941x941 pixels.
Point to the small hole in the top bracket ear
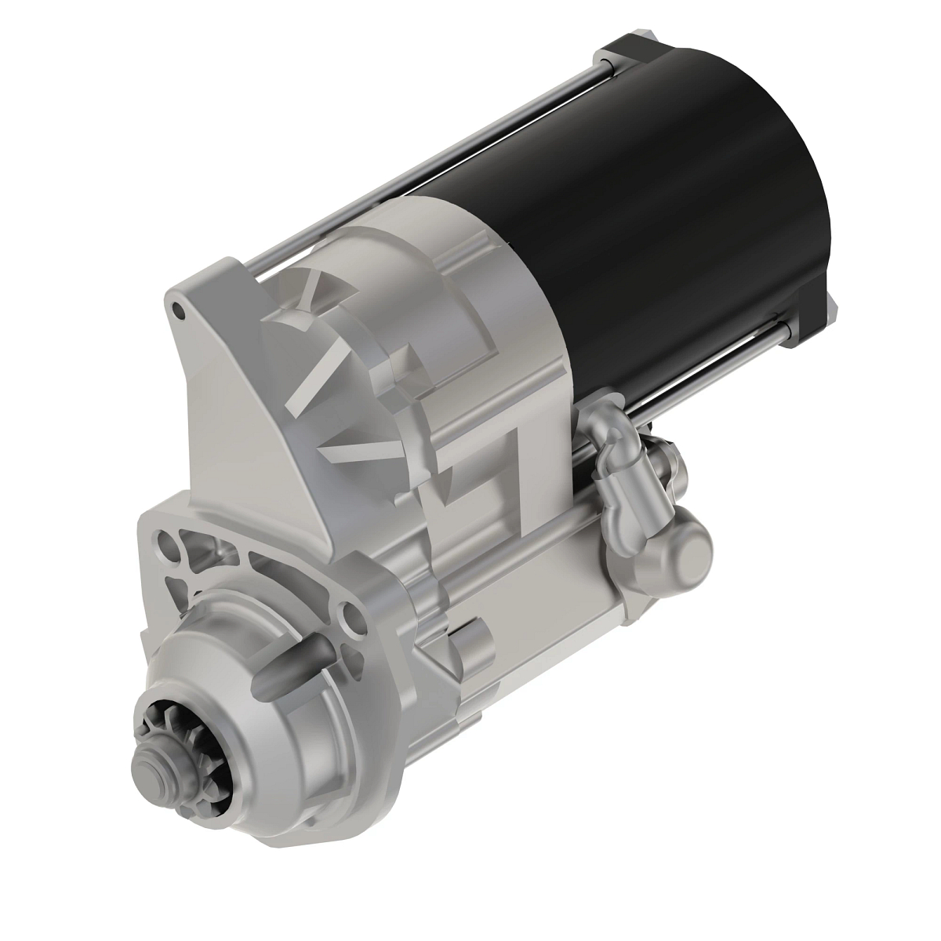pos(180,311)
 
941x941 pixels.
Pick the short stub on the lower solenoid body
pos(469,643)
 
